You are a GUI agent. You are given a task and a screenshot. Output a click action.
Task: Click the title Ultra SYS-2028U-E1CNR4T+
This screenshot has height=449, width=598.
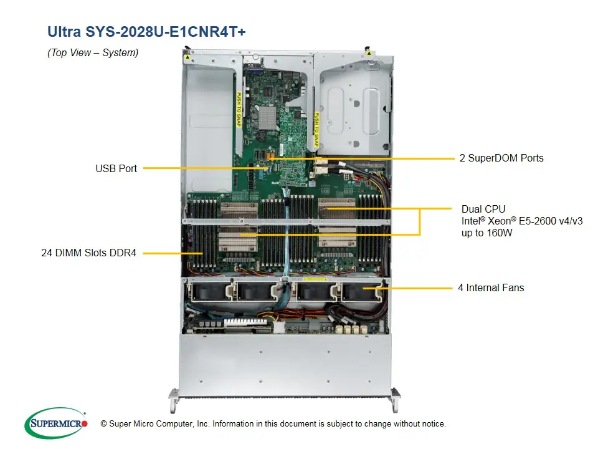pyautogui.click(x=146, y=31)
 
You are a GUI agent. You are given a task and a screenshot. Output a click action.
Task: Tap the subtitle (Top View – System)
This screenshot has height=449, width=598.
pyautogui.click(x=93, y=53)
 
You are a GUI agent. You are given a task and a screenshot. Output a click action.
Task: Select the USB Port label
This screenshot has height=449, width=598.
pyautogui.click(x=116, y=168)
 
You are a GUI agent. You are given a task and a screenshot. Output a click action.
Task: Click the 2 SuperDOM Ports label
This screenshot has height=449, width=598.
pyautogui.click(x=501, y=158)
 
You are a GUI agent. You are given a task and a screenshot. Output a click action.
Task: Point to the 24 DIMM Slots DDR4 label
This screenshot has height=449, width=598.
pyautogui.click(x=87, y=253)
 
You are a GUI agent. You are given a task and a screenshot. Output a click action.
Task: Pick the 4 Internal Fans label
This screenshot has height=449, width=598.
pyautogui.click(x=491, y=288)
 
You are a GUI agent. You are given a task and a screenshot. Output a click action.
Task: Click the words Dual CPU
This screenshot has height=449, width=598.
pyautogui.click(x=483, y=209)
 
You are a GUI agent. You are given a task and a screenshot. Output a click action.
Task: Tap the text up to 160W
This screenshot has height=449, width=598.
pyautogui.click(x=488, y=233)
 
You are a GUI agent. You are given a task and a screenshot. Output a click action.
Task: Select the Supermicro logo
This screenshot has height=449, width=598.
pyautogui.click(x=56, y=423)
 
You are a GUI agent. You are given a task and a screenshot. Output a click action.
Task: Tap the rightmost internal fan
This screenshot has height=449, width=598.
pyautogui.click(x=359, y=292)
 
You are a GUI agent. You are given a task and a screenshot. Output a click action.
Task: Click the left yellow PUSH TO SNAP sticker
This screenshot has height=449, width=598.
pyautogui.click(x=238, y=109)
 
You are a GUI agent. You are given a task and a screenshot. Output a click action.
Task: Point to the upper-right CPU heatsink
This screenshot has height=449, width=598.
pyautogui.click(x=336, y=210)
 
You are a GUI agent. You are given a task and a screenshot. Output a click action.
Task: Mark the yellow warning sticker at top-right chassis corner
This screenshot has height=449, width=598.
pyautogui.click(x=369, y=54)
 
